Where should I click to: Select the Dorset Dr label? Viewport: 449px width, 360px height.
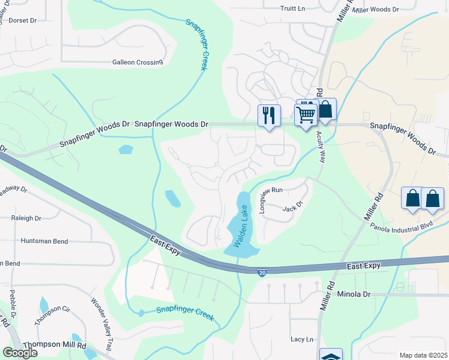tap(22, 20)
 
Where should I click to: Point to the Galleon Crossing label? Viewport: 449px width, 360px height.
tap(137, 62)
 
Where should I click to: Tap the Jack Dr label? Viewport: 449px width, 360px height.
tap(291, 208)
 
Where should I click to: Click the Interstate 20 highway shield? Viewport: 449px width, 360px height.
tap(262, 273)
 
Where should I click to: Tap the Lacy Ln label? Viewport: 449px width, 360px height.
tap(302, 339)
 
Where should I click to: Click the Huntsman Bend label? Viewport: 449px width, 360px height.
tap(43, 241)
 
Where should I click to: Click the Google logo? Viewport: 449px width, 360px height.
tap(20, 353)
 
